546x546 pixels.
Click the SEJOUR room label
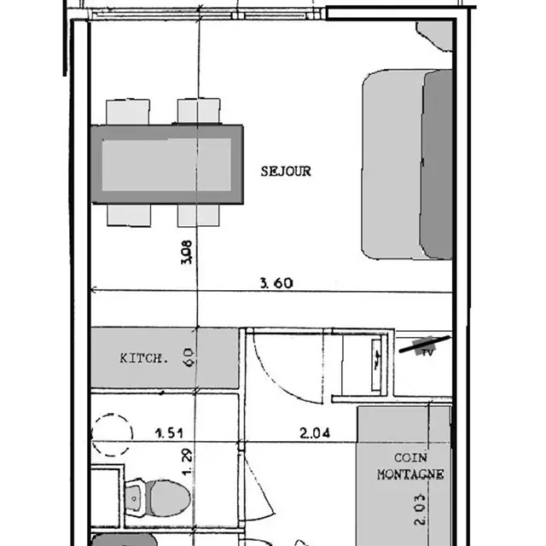pos(286,171)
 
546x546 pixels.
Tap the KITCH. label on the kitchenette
pos(144,358)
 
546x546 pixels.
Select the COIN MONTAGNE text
pos(410,466)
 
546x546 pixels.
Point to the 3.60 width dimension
pos(276,282)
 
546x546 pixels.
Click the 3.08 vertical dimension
pos(187,253)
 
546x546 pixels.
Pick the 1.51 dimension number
pos(169,433)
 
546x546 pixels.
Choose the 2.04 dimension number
pos(315,433)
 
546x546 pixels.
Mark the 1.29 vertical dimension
pos(187,462)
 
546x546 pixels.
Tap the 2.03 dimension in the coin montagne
pos(420,508)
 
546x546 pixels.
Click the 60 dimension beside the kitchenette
pos(188,357)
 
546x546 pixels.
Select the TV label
pos(428,352)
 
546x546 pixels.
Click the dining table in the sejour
pos(167,164)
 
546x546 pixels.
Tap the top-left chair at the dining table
pos(128,112)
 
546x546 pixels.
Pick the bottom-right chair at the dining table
pos(199,215)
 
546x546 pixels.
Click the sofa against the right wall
pos(407,165)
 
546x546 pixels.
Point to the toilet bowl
pos(168,498)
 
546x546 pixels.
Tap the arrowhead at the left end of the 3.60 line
pos(93,290)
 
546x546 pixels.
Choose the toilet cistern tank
pos(136,497)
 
